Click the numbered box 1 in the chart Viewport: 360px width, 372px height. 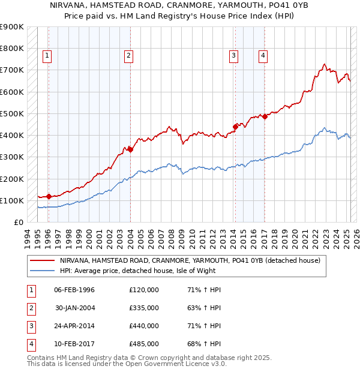47,56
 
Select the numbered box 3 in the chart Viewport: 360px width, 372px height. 233,56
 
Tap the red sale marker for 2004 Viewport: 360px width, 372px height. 130,150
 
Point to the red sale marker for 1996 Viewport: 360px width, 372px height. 48,196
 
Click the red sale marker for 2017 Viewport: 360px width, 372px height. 265,116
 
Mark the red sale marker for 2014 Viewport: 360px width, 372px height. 235,127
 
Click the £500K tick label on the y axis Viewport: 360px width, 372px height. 12,113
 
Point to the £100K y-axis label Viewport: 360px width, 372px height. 12,200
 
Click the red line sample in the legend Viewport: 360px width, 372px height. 43,260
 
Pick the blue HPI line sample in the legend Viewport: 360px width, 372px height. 43,271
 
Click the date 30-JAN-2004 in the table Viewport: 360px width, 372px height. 75,308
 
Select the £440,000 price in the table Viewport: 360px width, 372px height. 144,326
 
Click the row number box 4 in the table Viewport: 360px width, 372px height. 29,344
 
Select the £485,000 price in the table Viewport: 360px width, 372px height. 144,344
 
